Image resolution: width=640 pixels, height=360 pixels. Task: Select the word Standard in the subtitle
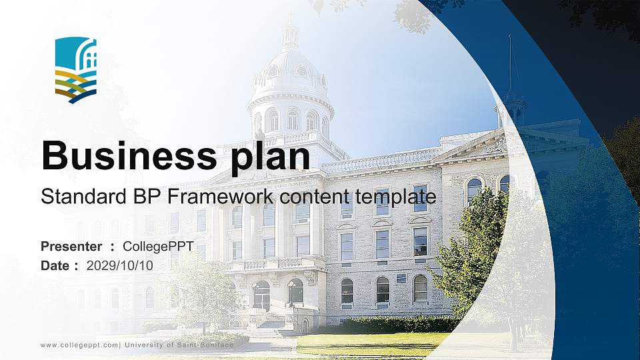point(77,197)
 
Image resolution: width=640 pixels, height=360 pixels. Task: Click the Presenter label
point(71,247)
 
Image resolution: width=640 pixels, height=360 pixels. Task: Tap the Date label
point(55,265)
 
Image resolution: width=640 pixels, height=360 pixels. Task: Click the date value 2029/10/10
point(120,265)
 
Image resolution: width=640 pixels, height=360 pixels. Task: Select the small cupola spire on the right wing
point(511,100)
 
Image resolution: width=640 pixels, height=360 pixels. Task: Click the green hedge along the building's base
point(393,325)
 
